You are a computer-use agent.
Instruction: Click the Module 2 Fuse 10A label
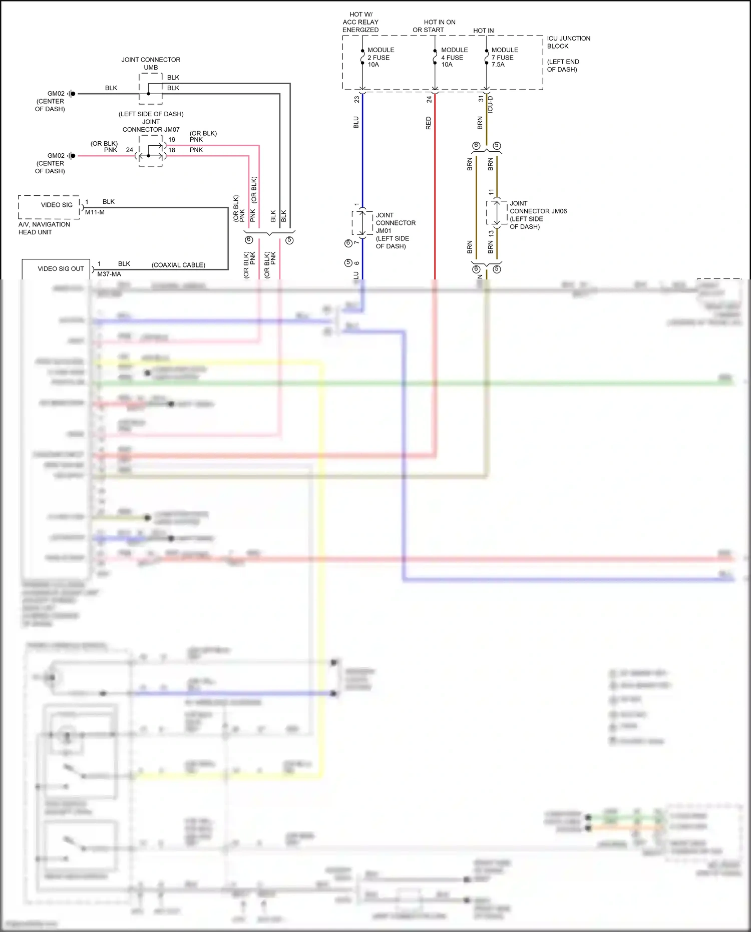point(380,57)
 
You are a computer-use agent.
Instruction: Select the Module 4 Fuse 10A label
point(454,57)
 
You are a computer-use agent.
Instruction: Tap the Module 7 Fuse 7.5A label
point(504,57)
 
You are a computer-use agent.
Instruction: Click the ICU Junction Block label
point(568,42)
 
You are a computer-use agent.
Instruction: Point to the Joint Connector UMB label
point(151,63)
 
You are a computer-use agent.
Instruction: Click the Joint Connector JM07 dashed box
point(150,151)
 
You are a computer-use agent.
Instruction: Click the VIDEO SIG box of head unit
point(49,206)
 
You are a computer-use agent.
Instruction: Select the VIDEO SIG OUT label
point(61,269)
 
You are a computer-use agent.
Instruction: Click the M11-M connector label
point(95,212)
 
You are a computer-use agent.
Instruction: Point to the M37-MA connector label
point(109,274)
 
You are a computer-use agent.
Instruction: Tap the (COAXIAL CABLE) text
point(178,265)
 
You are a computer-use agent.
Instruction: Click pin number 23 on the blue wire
point(356,100)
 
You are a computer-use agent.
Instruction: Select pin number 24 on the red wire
point(429,100)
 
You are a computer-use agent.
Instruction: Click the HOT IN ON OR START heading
point(434,26)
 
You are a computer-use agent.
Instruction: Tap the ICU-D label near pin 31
point(490,104)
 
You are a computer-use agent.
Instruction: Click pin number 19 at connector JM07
point(172,140)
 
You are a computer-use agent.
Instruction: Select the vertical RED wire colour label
point(428,123)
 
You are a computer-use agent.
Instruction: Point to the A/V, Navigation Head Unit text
point(44,228)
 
